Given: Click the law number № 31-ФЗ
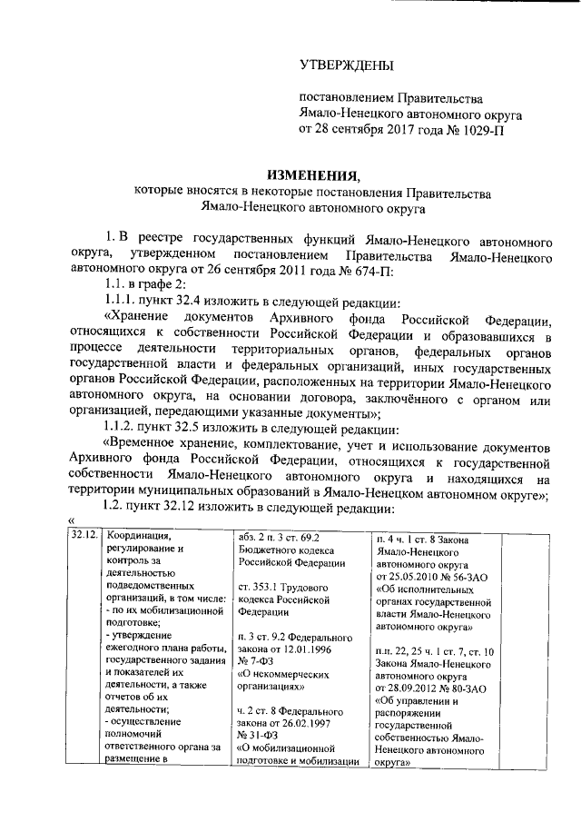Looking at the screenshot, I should click(x=261, y=736).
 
